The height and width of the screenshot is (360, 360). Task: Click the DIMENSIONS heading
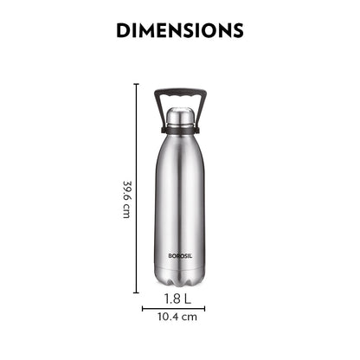tap(180, 31)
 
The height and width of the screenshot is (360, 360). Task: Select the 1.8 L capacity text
tap(180, 299)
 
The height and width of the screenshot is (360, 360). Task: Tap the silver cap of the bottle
tap(180, 116)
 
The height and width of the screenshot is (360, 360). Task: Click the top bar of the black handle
tap(180, 90)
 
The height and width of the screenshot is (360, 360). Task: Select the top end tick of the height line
tap(137, 84)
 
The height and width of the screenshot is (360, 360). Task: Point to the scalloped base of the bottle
tap(180, 281)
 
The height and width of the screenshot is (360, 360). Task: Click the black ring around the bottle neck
tap(180, 130)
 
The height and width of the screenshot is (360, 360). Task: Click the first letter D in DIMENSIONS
tap(123, 31)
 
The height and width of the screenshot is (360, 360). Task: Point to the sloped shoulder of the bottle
tap(180, 147)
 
